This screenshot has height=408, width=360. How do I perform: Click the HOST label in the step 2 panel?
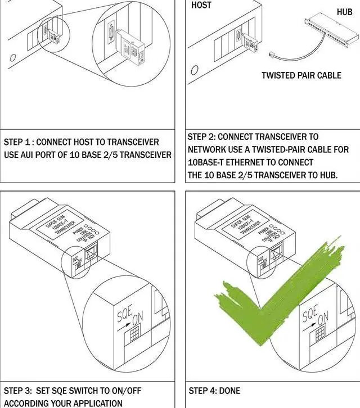202,5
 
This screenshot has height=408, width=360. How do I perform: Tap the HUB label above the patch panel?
344,12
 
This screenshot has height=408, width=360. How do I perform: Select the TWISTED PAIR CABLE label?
301,75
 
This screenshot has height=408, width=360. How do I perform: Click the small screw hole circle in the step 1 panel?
12,58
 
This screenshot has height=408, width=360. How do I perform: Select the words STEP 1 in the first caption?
17,142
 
